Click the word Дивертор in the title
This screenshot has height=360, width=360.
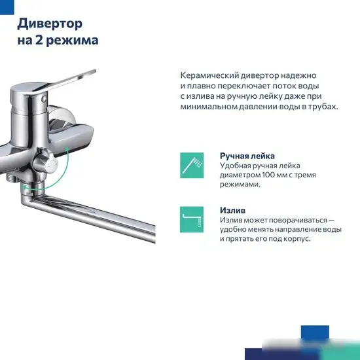tap(50, 24)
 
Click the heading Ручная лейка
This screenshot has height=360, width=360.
tap(247, 156)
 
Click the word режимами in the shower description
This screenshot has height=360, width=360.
tap(240, 185)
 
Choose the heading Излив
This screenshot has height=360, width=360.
tap(233, 211)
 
